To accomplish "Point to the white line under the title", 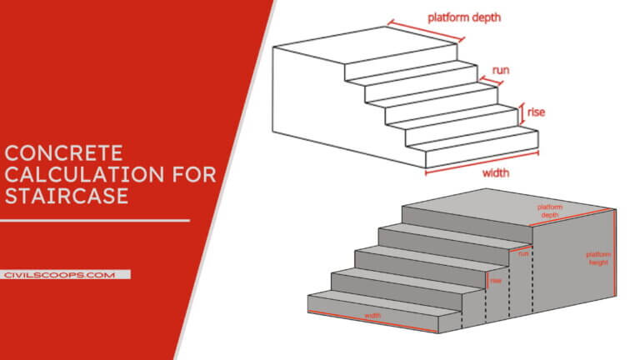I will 94,221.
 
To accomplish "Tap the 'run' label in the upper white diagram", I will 501,71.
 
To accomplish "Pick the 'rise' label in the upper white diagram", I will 536,111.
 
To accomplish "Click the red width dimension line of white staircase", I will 482,164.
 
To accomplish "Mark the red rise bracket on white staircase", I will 522,111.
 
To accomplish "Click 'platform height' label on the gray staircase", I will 597,258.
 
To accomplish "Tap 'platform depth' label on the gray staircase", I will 549,210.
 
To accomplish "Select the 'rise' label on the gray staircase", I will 496,280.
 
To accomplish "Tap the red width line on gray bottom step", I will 373,322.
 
